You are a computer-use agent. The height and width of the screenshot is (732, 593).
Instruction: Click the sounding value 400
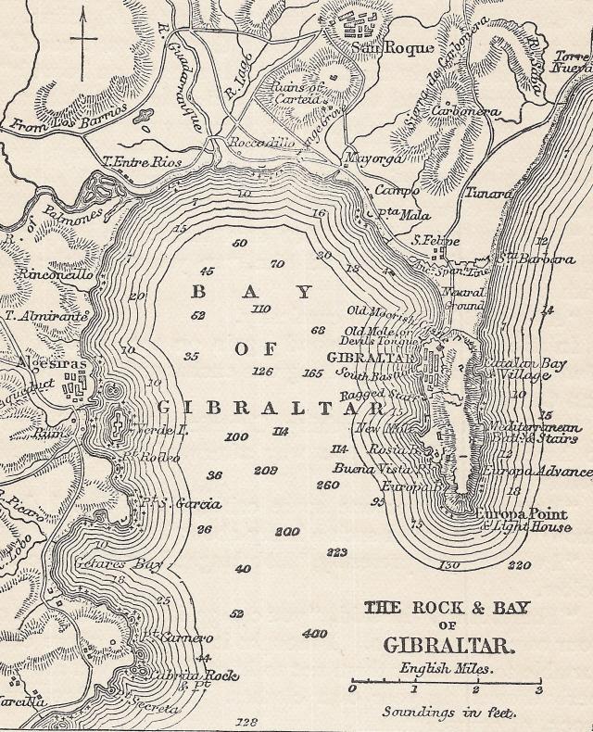(x=315, y=635)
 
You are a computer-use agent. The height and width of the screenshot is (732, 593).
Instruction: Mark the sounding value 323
(x=336, y=552)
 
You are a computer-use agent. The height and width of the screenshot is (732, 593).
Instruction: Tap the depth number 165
(x=313, y=373)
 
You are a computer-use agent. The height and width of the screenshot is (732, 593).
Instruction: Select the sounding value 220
(x=520, y=564)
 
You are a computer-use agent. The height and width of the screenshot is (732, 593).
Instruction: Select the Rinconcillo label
(x=47, y=275)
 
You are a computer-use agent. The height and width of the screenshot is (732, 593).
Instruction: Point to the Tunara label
(x=489, y=193)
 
